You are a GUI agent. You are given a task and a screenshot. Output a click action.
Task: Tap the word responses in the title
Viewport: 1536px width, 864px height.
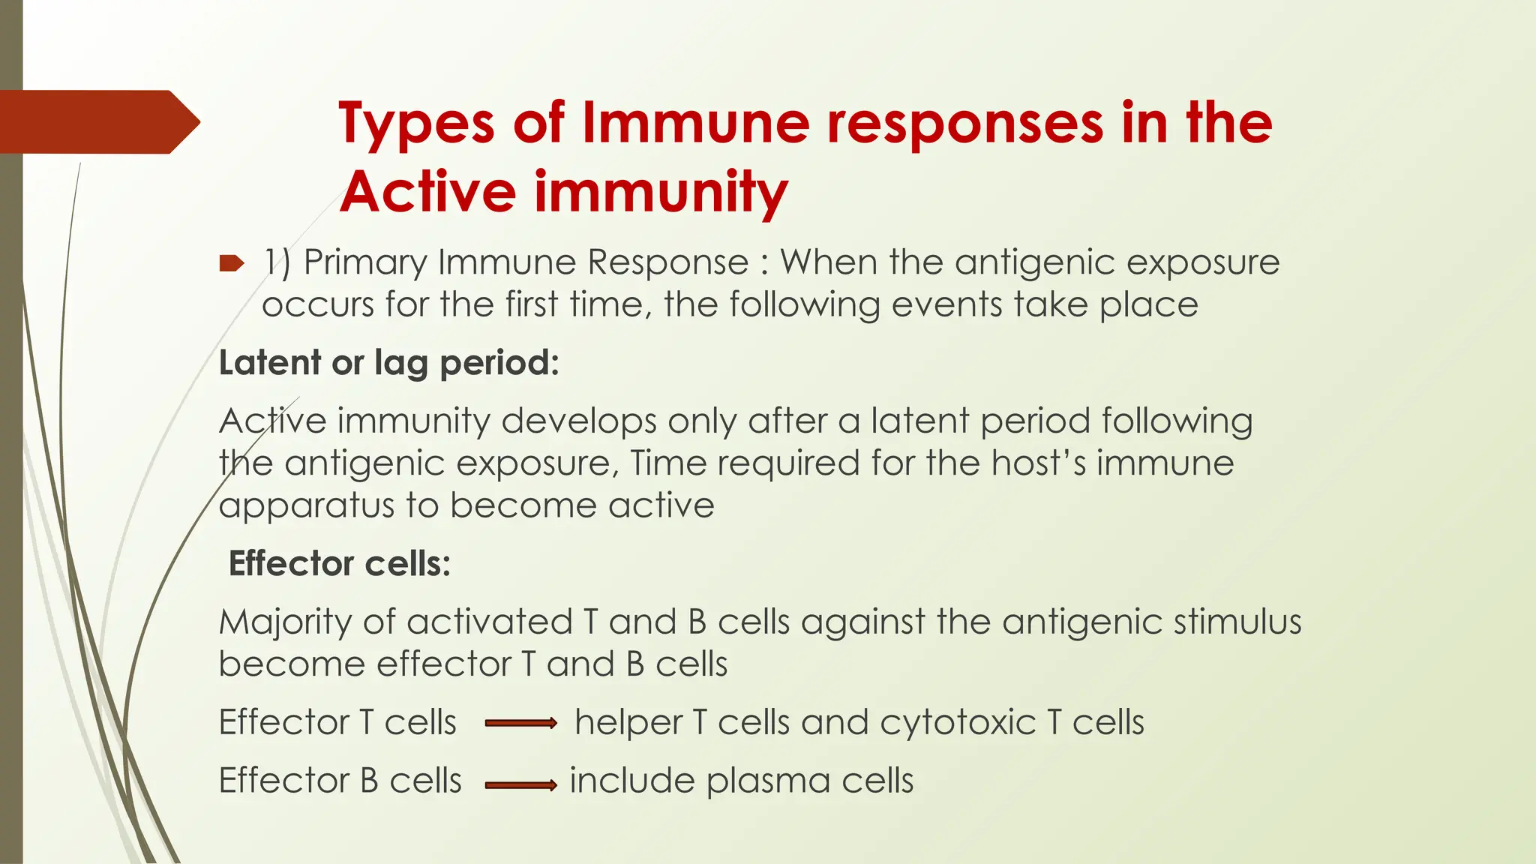pyautogui.click(x=964, y=124)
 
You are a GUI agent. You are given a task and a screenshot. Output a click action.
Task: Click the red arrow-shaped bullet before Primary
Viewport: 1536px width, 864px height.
pyautogui.click(x=232, y=263)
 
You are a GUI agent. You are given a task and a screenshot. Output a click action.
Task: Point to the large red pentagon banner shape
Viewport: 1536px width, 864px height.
pyautogui.click(x=97, y=122)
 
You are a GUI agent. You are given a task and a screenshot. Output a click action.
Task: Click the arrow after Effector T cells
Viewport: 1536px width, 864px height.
pyautogui.click(x=520, y=724)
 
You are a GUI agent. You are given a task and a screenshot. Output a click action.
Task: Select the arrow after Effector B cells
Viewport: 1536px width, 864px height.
pyautogui.click(x=520, y=785)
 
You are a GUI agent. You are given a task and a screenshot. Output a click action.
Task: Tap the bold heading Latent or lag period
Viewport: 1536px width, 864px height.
pyautogui.click(x=388, y=363)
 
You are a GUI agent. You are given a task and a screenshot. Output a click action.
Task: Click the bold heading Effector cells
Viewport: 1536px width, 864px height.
pyautogui.click(x=339, y=563)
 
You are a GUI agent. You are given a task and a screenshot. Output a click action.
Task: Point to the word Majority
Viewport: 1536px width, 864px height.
pyautogui.click(x=285, y=622)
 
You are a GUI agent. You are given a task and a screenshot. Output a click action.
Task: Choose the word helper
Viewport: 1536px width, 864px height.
pyautogui.click(x=628, y=723)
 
